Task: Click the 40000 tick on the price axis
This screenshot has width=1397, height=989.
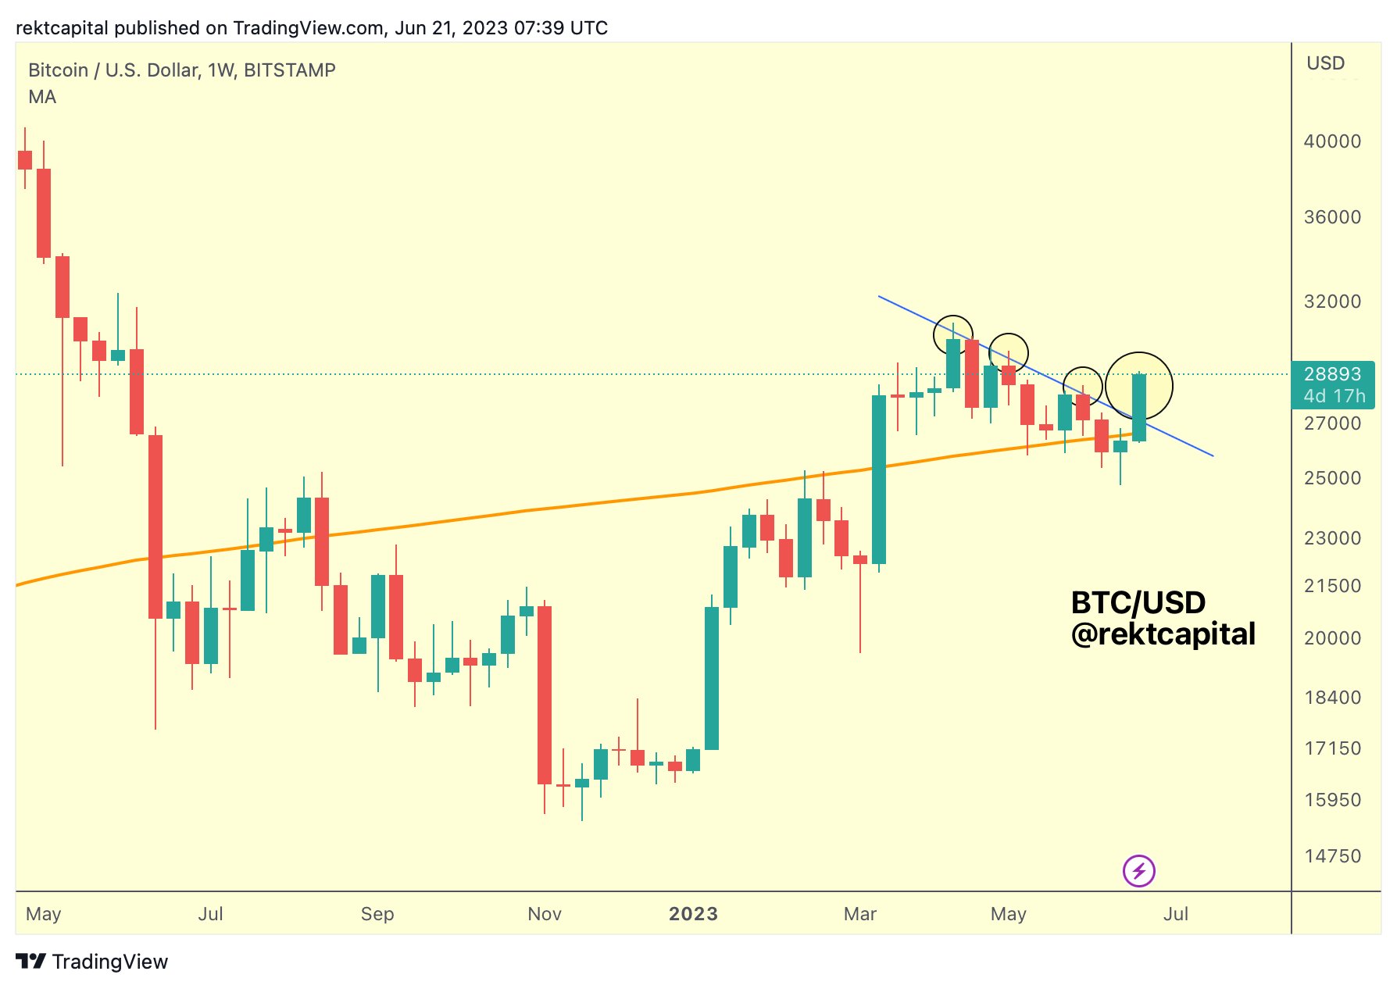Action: [1331, 141]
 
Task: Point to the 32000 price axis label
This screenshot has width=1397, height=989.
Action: [1331, 302]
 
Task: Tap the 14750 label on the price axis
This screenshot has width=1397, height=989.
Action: [1332, 856]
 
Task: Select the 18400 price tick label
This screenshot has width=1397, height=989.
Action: [1332, 698]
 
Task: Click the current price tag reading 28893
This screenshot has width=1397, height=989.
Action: [1332, 374]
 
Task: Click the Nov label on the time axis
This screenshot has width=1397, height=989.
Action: [545, 914]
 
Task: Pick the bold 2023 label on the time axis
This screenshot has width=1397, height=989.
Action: [693, 914]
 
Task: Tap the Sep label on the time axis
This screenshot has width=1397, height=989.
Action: [377, 914]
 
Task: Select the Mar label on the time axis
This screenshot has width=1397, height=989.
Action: [860, 914]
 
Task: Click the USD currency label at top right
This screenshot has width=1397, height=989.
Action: [1325, 63]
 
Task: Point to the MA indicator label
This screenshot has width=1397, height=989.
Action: [42, 97]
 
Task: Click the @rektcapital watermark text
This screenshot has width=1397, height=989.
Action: [1163, 634]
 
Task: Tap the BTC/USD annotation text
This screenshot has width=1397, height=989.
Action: [1138, 602]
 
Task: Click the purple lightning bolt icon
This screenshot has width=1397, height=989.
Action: [1138, 870]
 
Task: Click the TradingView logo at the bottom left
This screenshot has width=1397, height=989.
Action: [92, 962]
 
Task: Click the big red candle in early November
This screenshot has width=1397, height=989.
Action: [545, 694]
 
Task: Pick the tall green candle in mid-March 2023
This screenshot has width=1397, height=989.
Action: [879, 479]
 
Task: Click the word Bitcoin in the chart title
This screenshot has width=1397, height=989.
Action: [58, 70]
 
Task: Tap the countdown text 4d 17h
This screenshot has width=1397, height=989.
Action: [1334, 396]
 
